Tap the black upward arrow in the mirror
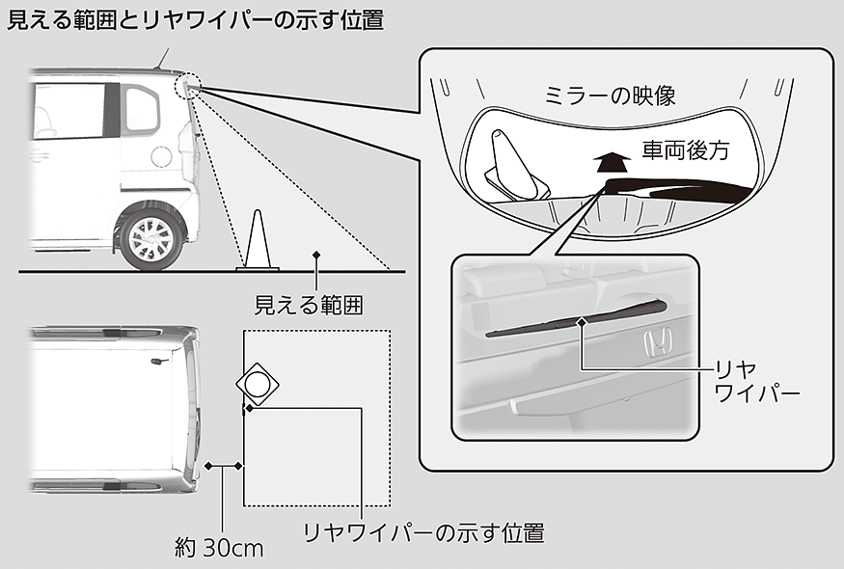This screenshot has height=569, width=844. tap(606, 160)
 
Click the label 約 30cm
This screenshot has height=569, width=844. tap(219, 549)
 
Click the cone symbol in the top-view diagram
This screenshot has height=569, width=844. tap(258, 385)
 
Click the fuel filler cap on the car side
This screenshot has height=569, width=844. tap(162, 155)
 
